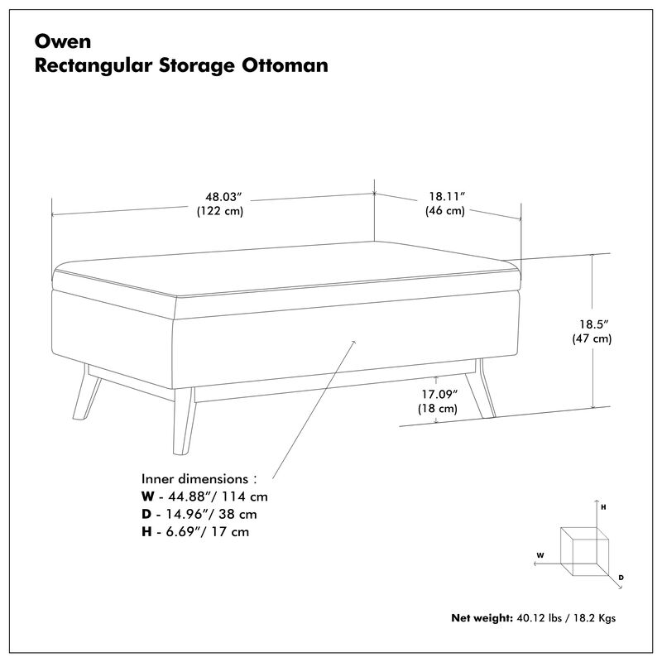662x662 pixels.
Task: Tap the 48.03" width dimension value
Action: (x=223, y=197)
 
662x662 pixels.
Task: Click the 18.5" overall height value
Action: (x=589, y=324)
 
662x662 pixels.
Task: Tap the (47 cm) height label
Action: (x=589, y=338)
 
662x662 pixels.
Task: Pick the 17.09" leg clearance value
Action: (x=437, y=395)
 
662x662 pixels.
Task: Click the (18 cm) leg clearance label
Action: (x=437, y=409)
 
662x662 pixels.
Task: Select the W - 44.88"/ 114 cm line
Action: (x=204, y=496)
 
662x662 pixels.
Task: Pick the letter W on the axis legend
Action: (x=540, y=555)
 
